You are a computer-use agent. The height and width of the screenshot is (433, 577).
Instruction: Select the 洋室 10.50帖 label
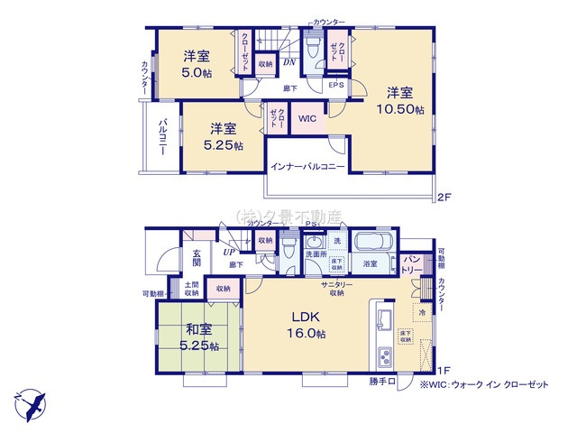coord(400,100)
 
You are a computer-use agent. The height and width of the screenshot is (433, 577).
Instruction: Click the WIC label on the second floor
coord(307,118)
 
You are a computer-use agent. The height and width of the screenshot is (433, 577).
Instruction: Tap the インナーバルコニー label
coord(307,168)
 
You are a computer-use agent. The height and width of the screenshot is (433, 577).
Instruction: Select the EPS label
coord(335,85)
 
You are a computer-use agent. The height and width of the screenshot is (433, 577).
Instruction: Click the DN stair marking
coord(289,62)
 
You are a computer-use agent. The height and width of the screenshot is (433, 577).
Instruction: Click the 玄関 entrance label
coord(196,258)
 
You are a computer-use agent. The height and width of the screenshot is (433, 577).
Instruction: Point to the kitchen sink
coord(380,318)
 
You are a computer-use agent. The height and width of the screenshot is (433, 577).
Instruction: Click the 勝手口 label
coord(382,382)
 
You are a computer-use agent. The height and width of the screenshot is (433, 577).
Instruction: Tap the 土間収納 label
coord(191,289)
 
